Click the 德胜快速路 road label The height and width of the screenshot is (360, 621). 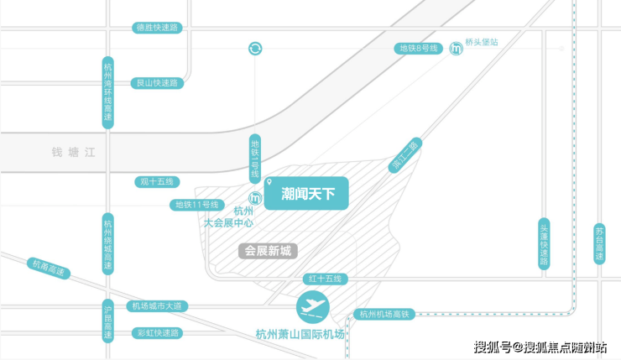(157, 28)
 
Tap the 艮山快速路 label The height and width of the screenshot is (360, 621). (157, 83)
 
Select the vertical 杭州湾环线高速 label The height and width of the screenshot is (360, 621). (108, 92)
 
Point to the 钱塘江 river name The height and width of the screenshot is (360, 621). (74, 153)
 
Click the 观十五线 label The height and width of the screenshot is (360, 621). (157, 182)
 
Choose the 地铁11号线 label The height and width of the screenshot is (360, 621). (197, 205)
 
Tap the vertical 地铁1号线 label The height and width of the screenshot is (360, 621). (255, 159)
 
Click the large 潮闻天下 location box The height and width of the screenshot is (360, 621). (306, 193)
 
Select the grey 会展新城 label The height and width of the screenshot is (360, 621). (269, 251)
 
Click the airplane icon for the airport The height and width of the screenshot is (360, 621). (313, 307)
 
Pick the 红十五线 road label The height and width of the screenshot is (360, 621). (325, 279)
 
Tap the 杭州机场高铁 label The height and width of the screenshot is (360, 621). (384, 315)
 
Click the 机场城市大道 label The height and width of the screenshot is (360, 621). (157, 306)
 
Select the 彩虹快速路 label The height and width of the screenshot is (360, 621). (158, 333)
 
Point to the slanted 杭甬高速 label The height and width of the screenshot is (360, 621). (49, 269)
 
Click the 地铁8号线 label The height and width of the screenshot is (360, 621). (418, 49)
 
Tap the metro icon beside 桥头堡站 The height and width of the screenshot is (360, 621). (457, 49)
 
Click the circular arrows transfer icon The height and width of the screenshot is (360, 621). (255, 49)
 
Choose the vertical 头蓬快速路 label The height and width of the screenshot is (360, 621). (544, 244)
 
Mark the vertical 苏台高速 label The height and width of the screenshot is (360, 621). (600, 244)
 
